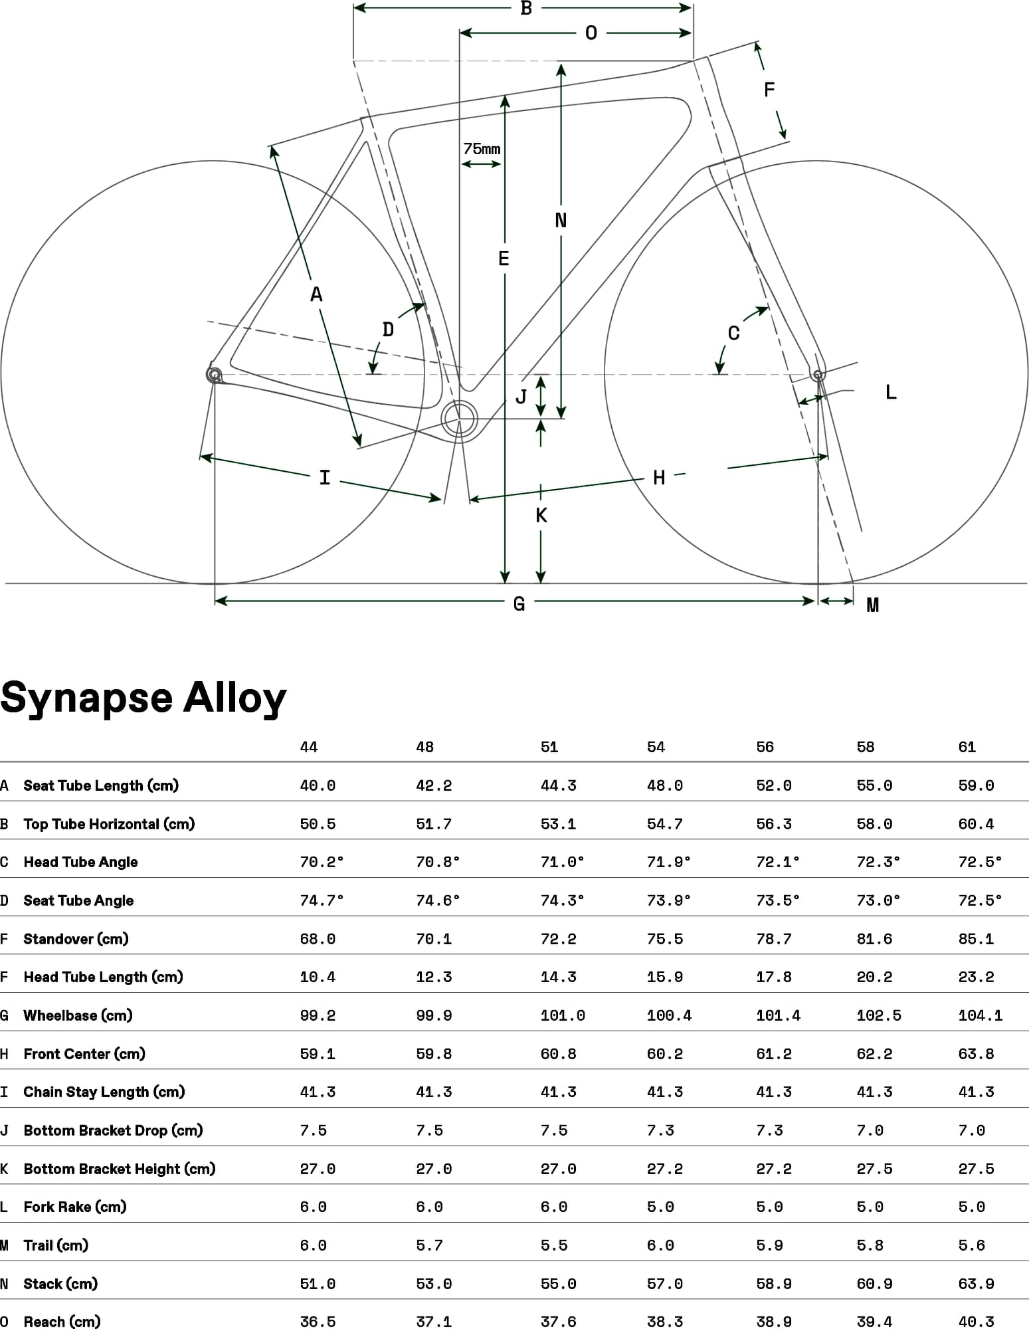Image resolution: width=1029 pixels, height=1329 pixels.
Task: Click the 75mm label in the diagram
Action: coord(482,149)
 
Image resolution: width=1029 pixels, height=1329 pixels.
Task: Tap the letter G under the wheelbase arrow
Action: coord(519,604)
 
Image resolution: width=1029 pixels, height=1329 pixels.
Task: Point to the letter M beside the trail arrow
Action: coord(872,605)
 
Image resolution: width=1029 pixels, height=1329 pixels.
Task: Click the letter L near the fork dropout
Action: coord(891,392)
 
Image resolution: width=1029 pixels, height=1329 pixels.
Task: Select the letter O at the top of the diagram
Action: coord(591,33)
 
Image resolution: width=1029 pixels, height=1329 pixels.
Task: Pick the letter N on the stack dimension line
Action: coord(561,220)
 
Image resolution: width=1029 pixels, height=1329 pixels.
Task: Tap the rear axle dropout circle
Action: coord(214,375)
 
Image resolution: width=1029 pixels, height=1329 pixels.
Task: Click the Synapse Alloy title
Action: coord(143,698)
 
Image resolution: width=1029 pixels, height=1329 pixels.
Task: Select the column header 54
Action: coord(656,747)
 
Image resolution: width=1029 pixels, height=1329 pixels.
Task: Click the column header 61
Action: coord(967,747)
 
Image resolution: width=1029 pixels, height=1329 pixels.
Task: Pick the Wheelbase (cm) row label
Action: coord(78,1015)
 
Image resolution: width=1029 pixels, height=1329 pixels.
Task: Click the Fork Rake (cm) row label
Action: coord(74,1207)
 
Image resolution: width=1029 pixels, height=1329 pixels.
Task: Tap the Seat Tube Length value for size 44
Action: coord(318,785)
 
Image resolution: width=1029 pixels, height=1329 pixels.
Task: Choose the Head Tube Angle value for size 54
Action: coord(668,862)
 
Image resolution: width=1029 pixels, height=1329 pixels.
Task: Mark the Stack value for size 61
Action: coord(976,1284)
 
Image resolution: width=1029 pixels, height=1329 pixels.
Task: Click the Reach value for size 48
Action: coord(434,1321)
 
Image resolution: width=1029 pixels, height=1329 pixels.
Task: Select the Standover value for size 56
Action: coord(774,939)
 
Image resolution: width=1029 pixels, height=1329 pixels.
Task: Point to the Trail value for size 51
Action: coord(554,1245)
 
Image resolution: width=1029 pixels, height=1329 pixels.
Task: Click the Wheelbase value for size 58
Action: coord(879,1015)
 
